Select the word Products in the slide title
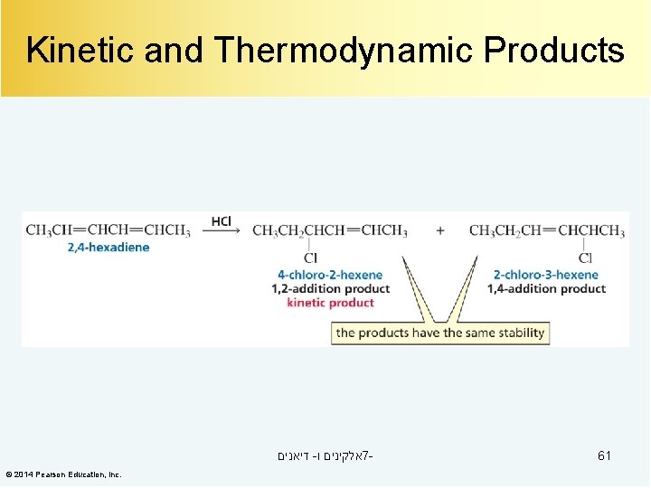(x=553, y=51)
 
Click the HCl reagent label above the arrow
(x=221, y=221)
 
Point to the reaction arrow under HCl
(x=221, y=231)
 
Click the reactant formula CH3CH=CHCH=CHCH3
(x=108, y=230)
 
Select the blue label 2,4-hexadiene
(x=108, y=247)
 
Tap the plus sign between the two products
(x=440, y=230)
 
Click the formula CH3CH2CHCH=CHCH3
(x=330, y=230)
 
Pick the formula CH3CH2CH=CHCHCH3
(x=547, y=230)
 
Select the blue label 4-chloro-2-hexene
(x=330, y=275)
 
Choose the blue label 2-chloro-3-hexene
(x=546, y=275)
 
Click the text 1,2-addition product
(x=330, y=288)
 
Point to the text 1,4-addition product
(x=546, y=288)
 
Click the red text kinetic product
(x=330, y=303)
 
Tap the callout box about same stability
(x=439, y=333)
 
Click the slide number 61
(x=604, y=455)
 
